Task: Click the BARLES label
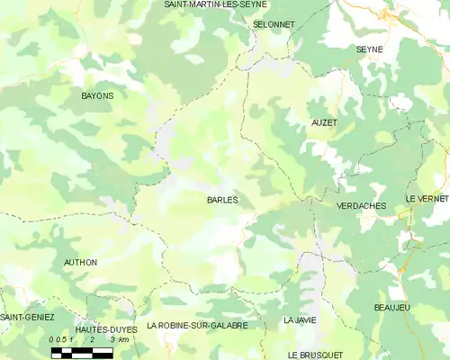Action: (222, 200)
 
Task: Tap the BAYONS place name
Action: (97, 94)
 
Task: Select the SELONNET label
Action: (274, 24)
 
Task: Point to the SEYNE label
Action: (369, 49)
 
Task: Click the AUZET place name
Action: (324, 121)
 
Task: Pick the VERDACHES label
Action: (361, 206)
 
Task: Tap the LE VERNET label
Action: (427, 198)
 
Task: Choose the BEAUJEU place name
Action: (392, 308)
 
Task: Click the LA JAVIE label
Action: (300, 319)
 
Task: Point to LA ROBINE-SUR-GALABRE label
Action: (197, 325)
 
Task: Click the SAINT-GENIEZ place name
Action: (27, 318)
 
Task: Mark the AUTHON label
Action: (80, 263)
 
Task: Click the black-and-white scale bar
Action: (81, 352)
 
